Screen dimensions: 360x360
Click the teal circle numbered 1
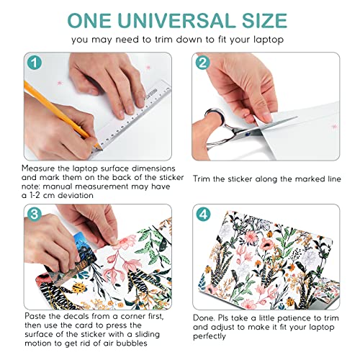click(35, 63)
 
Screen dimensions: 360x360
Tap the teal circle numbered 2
click(203, 63)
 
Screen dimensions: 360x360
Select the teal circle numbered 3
click(35, 214)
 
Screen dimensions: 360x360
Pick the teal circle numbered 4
click(204, 214)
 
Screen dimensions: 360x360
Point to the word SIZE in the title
click(264, 21)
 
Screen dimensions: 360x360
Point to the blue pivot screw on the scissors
click(248, 134)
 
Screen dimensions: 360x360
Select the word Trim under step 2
click(202, 179)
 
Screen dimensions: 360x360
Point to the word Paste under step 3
click(35, 316)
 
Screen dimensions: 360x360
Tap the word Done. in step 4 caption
click(204, 318)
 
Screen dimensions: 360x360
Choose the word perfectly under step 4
click(210, 336)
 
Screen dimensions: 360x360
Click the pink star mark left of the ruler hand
click(60, 83)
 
